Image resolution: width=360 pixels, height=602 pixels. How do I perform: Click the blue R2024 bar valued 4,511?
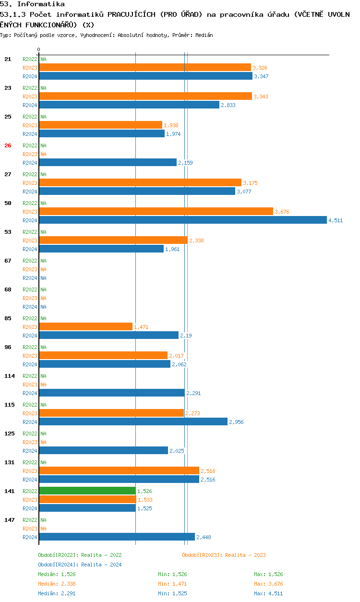183,220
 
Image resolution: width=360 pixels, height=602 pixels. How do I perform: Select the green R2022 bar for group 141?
87,491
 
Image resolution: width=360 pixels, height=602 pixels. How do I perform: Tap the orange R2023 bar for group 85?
86,326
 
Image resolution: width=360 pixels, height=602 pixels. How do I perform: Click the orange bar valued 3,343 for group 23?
145,96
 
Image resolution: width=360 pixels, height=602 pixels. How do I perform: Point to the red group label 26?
8,145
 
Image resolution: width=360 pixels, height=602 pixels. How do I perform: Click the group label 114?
10,376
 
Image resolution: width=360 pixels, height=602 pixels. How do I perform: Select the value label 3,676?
282,212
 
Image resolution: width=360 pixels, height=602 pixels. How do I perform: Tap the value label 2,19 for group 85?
186,336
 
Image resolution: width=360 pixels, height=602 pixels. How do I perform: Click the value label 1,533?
145,500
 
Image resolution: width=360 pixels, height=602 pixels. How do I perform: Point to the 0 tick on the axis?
39,49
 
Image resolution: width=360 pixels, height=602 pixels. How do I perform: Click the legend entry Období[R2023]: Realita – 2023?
224,555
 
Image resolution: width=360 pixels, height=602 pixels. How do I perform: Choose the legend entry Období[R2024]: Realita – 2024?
80,565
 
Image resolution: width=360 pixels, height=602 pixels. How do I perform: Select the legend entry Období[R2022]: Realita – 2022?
80,555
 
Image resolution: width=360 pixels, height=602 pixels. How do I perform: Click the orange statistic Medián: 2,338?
57,584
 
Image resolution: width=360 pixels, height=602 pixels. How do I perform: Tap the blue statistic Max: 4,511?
268,593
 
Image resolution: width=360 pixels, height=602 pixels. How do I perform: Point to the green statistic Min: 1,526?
172,574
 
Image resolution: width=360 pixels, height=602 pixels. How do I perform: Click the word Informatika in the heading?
41,4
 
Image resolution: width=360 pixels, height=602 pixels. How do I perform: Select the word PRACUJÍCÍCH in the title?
132,14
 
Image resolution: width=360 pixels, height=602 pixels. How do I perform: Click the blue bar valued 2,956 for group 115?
133,421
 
